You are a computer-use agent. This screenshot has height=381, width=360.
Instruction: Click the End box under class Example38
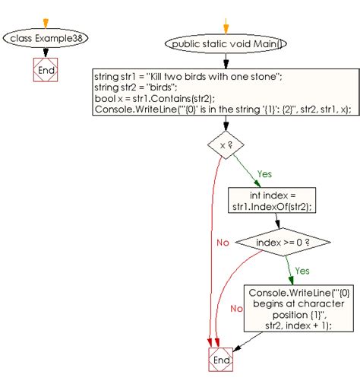point(47,70)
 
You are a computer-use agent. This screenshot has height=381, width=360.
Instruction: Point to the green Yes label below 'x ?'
point(264,174)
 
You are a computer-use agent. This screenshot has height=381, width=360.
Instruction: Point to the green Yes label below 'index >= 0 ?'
point(302,271)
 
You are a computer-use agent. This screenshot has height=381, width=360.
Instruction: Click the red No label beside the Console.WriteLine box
point(237,309)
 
